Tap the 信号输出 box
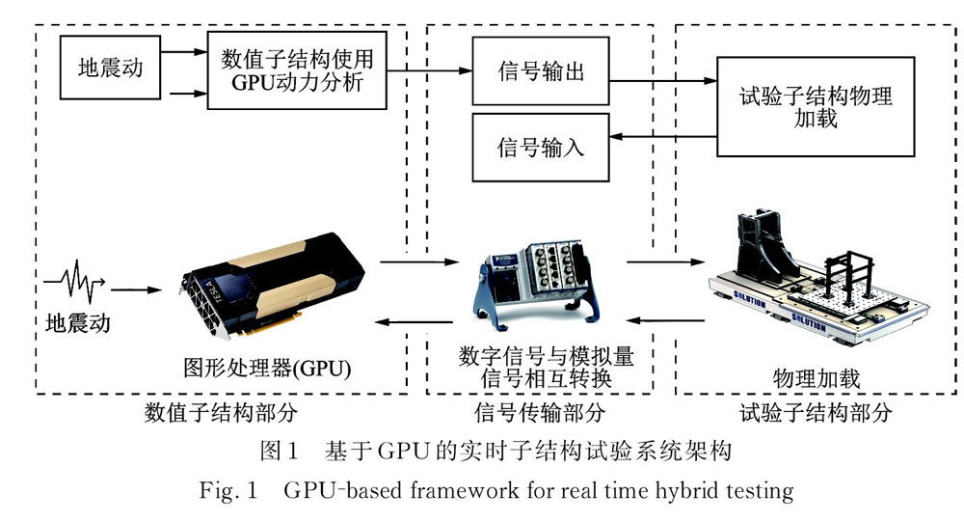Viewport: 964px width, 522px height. tap(540, 72)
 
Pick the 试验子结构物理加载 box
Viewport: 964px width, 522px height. tap(816, 106)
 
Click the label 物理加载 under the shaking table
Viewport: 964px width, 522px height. tap(817, 374)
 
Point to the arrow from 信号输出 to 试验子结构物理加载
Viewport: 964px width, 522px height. tap(665, 83)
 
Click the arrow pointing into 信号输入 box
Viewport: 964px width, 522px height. tap(665, 137)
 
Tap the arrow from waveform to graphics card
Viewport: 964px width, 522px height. tap(140, 288)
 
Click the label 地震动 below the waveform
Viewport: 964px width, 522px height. tap(78, 322)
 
